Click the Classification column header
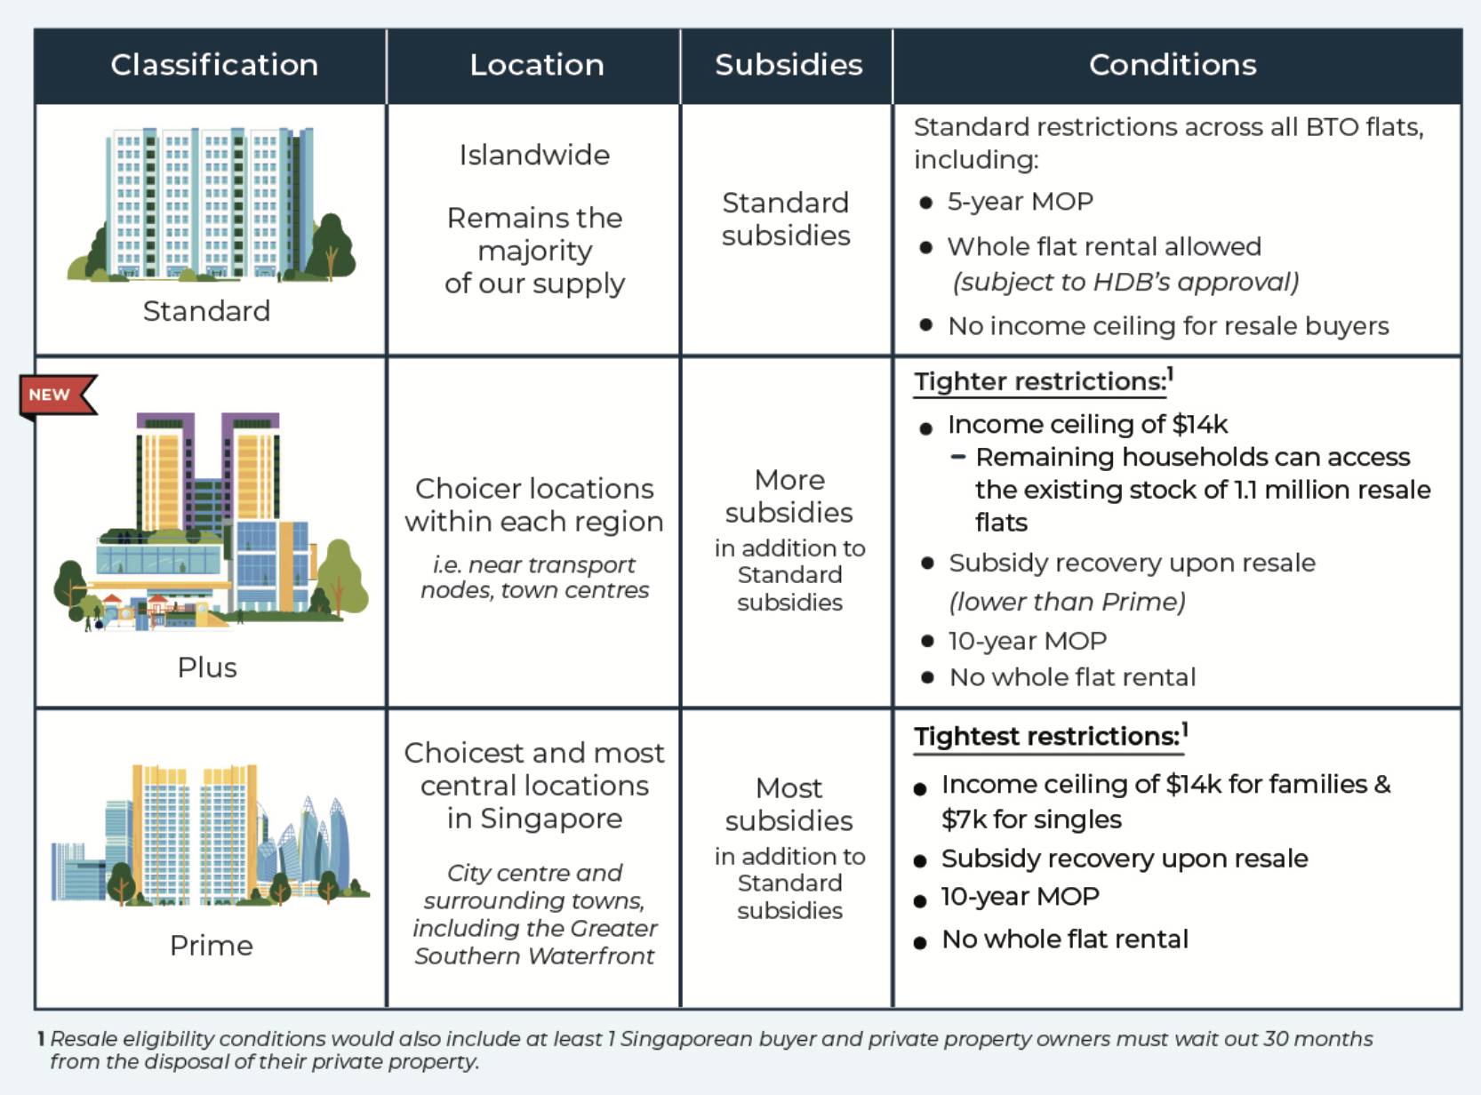(214, 65)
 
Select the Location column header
(537, 65)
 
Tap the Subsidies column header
(789, 65)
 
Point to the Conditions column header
(1173, 65)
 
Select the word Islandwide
(534, 155)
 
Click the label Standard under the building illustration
(206, 311)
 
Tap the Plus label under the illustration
(207, 667)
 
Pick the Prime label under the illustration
(211, 946)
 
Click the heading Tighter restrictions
(1040, 382)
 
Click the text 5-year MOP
(1021, 202)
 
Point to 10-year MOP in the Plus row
(1027, 641)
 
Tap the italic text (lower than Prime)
(1067, 602)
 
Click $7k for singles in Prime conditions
(1031, 819)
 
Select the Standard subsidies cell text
(786, 219)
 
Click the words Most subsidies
(789, 804)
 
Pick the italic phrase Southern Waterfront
(534, 956)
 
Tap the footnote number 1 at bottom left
(41, 1039)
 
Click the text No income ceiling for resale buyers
(1168, 326)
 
